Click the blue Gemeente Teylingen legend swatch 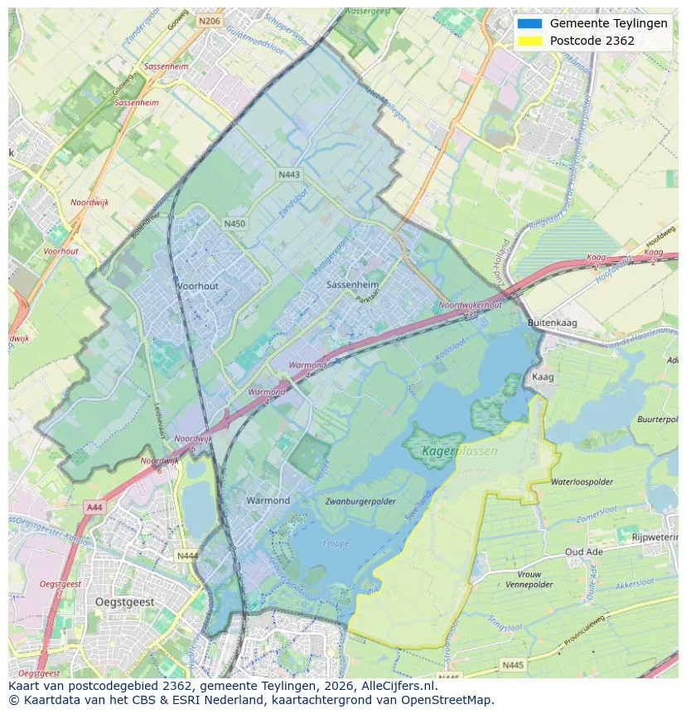tap(529, 24)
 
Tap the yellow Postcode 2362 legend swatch tap(529, 41)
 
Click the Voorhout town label tap(197, 286)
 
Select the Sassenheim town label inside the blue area tap(352, 284)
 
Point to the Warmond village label tap(268, 501)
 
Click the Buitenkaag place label tap(553, 323)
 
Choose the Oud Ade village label tap(584, 552)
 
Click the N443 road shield tap(289, 174)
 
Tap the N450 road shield tap(235, 224)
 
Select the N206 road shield tap(209, 22)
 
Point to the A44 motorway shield tap(94, 506)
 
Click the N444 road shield tap(187, 556)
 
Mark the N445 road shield tap(513, 664)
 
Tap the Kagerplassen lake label tap(460, 452)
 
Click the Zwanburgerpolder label tap(360, 502)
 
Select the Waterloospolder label tap(582, 482)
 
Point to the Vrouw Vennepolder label tap(529, 580)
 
